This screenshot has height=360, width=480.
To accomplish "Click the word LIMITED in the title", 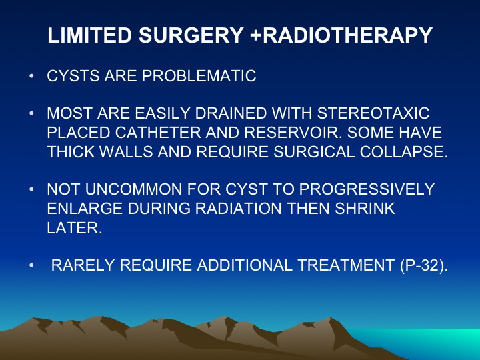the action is pos(89,35).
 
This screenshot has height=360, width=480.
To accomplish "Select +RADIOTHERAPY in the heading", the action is pos(341,35).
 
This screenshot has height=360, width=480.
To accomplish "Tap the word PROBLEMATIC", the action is pos(199,76).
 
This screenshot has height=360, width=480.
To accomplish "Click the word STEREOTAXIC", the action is pos(373,113).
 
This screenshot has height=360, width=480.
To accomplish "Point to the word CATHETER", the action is pos(158,133).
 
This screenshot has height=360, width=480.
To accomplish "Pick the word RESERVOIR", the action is pos(293,133).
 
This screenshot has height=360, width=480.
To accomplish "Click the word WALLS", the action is pos(126,151).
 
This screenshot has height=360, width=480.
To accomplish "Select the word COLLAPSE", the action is pos(404,151).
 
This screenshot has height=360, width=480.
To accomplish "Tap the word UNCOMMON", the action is pos(134,189).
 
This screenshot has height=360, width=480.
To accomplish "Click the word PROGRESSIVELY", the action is pos(367,189).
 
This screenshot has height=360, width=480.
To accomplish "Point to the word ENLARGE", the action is pos(85,209).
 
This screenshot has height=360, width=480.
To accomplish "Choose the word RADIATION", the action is pos(238,209).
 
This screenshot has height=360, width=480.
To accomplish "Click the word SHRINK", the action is pos(365,209).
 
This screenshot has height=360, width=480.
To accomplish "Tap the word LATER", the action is pos(75,228).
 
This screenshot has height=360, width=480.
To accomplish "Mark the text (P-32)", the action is pos(424,265).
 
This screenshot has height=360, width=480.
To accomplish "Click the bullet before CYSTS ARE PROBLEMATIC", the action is pos(31,75).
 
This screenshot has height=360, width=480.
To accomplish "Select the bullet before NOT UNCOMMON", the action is pos(31,189).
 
